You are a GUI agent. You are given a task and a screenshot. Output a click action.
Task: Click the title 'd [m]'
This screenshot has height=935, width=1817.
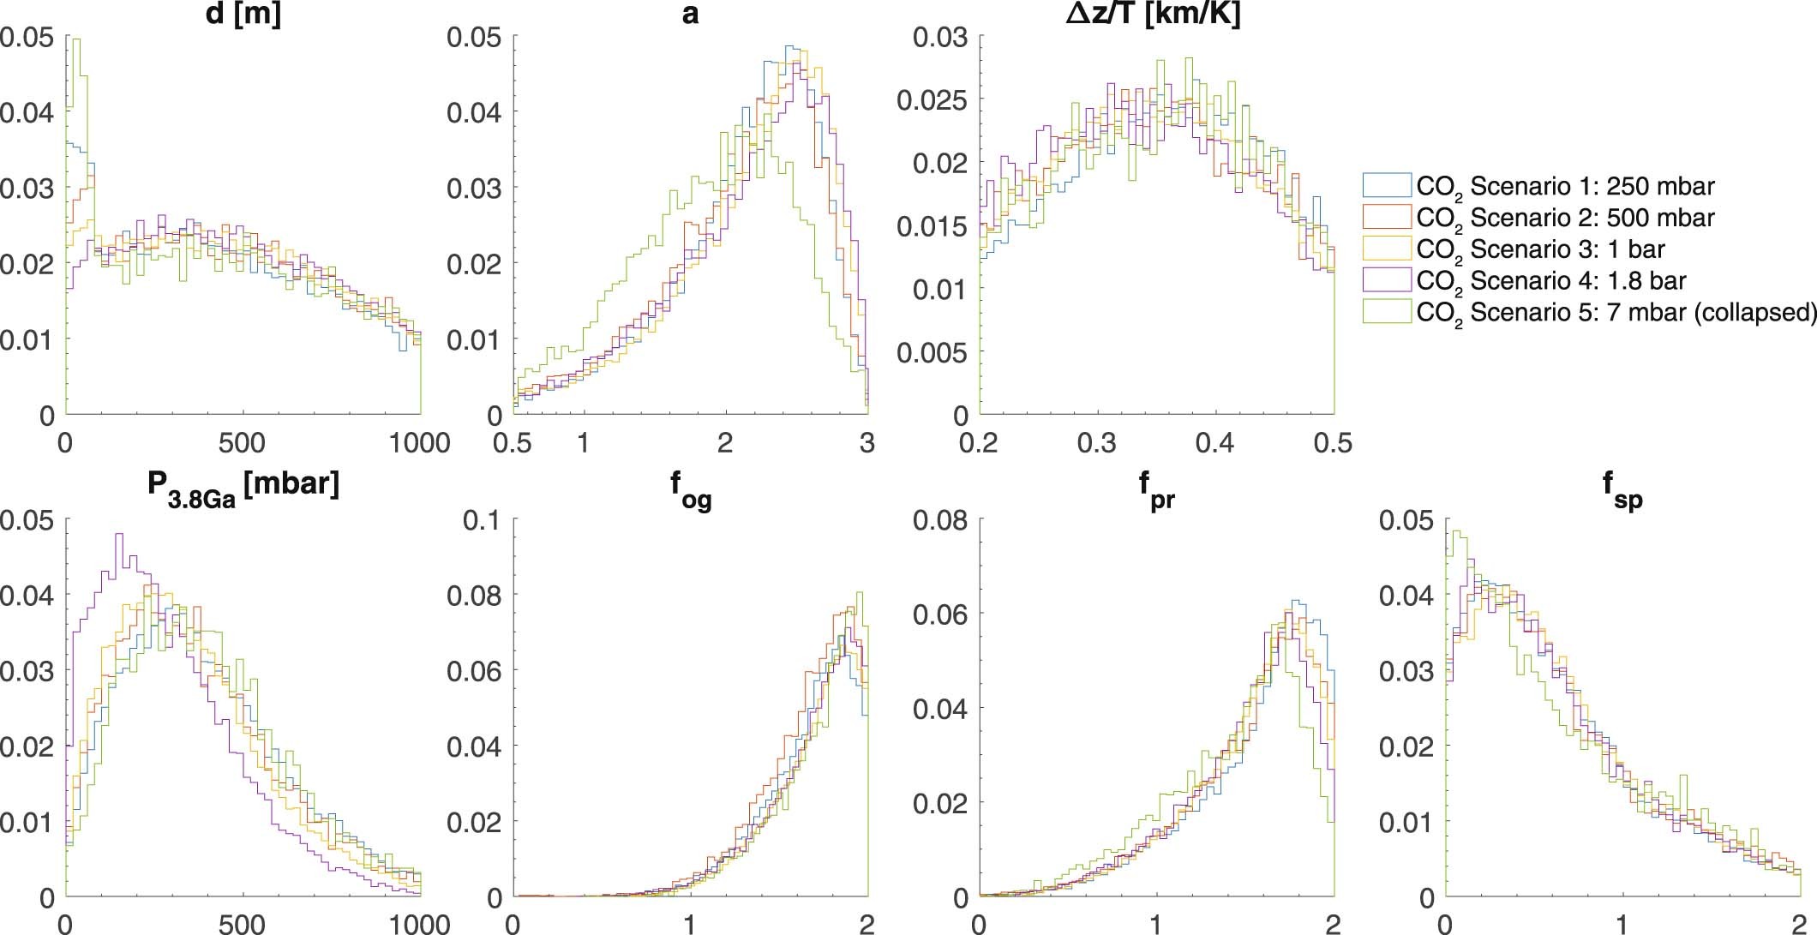[x=243, y=15]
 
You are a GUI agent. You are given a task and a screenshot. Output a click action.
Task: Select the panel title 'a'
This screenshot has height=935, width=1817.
[x=690, y=15]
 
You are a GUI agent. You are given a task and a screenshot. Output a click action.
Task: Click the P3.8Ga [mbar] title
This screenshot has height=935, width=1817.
[x=243, y=486]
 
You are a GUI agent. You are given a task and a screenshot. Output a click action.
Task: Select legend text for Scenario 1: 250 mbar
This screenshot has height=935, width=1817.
[x=1565, y=186]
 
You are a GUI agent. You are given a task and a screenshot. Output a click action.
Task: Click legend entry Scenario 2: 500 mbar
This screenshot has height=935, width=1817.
[x=1565, y=218]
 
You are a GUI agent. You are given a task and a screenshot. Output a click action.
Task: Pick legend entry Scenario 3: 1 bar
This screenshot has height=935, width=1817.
[x=1540, y=249]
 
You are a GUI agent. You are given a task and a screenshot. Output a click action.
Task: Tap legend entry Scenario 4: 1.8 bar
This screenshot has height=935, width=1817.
[x=1551, y=281]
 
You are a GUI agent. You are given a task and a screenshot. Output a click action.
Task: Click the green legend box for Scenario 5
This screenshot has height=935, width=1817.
[x=1386, y=311]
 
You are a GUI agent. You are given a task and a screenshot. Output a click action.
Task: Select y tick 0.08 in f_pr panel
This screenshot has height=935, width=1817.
[x=940, y=519]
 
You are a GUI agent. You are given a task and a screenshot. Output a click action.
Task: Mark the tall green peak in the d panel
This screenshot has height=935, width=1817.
[x=75, y=40]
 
